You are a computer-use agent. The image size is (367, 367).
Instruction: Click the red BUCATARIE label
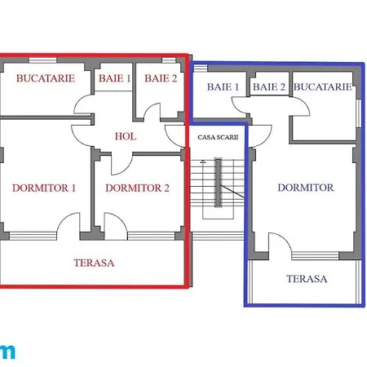coord(46,78)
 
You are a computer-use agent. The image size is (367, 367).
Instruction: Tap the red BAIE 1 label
coord(114,78)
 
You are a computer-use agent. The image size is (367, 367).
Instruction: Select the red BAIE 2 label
coord(161,78)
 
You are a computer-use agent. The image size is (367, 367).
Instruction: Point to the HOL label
coord(126,136)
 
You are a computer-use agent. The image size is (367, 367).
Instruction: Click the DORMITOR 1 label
coord(44,188)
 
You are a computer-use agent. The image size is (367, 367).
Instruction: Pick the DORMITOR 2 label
coord(137,188)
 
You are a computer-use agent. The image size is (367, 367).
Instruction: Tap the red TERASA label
coord(94,263)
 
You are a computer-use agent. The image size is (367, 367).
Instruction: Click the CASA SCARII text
coord(218,137)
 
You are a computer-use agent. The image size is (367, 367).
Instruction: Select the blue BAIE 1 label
coord(223,87)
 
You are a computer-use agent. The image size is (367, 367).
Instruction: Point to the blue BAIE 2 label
coord(269,87)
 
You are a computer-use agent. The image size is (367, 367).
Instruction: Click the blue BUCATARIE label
coord(323,87)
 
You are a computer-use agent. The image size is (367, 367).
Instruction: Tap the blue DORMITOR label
coord(306,188)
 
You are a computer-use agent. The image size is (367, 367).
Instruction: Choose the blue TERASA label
coord(307,279)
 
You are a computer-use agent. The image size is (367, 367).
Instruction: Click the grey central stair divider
coord(219,183)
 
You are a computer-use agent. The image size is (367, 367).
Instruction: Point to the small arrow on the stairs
coord(202,161)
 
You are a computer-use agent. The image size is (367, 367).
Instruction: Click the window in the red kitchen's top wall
coord(42,60)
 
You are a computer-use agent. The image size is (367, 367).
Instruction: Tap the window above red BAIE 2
coord(169,60)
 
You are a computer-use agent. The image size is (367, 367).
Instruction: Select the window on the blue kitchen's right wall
coord(359,113)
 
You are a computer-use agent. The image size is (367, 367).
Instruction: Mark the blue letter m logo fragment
coord(7,352)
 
